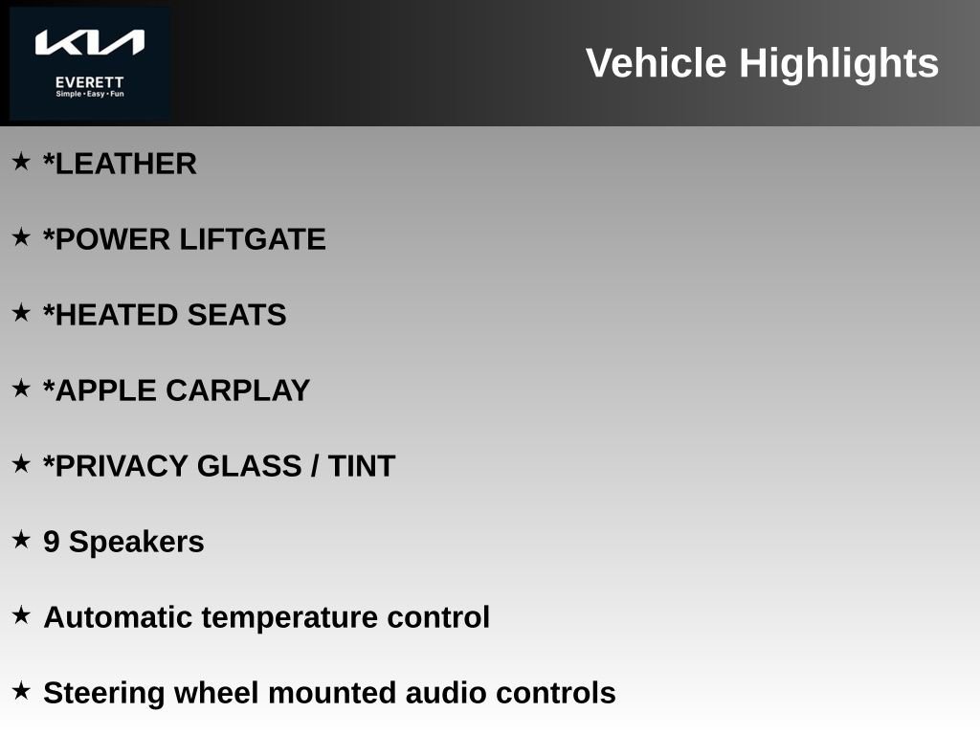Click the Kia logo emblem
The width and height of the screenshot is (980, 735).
pyautogui.click(x=90, y=43)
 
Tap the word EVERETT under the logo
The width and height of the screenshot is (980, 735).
pyautogui.click(x=90, y=82)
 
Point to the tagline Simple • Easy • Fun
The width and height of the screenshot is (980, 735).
pyautogui.click(x=90, y=94)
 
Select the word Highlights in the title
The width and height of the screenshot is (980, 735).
pyautogui.click(x=838, y=63)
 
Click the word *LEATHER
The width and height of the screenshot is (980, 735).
pyautogui.click(x=120, y=164)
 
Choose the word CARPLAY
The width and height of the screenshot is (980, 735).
pyautogui.click(x=238, y=390)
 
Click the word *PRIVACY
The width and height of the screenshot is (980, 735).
pyautogui.click(x=116, y=466)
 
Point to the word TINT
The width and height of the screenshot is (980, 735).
pyautogui.click(x=362, y=466)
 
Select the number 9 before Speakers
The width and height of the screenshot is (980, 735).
pyautogui.click(x=52, y=542)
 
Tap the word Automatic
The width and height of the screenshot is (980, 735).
pyautogui.click(x=118, y=617)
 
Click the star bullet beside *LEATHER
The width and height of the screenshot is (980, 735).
pyautogui.click(x=21, y=161)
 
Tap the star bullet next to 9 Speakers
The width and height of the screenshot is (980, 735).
pyautogui.click(x=21, y=539)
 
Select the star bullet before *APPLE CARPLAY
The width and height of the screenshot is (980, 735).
pyautogui.click(x=21, y=388)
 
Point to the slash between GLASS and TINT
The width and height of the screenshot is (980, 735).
pyautogui.click(x=314, y=466)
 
